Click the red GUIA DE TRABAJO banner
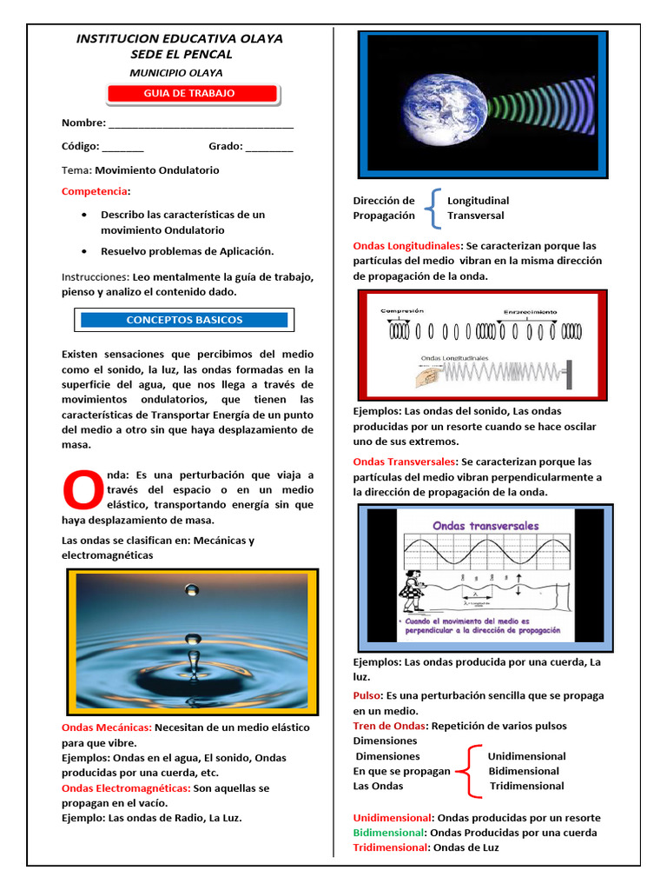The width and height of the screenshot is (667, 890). click(192, 94)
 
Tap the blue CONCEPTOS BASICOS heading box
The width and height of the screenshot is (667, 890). click(184, 320)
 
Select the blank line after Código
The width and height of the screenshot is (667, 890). click(122, 148)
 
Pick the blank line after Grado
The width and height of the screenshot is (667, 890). click(269, 148)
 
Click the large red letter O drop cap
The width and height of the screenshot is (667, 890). click(82, 490)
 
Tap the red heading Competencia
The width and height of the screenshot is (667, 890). click(95, 191)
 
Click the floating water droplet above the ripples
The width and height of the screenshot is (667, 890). click(192, 590)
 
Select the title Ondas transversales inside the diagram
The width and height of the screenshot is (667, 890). click(485, 526)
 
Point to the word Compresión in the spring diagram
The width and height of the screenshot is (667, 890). click(401, 310)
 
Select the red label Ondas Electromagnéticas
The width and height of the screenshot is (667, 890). click(125, 787)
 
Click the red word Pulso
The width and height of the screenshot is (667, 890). click(367, 695)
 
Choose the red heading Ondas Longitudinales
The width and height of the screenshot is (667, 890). click(406, 246)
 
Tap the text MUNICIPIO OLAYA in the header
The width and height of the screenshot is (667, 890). click(175, 73)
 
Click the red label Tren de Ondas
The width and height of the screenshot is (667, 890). click(389, 726)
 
